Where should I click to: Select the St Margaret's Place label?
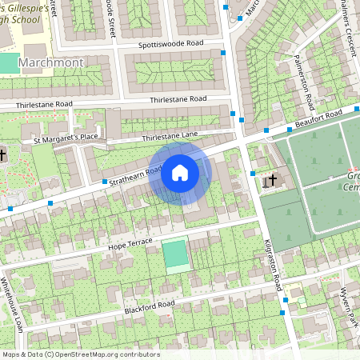coord(65,140)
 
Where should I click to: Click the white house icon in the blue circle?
coord(180,173)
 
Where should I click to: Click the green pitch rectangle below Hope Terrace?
coord(175,254)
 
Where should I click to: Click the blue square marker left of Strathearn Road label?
coord(106,182)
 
